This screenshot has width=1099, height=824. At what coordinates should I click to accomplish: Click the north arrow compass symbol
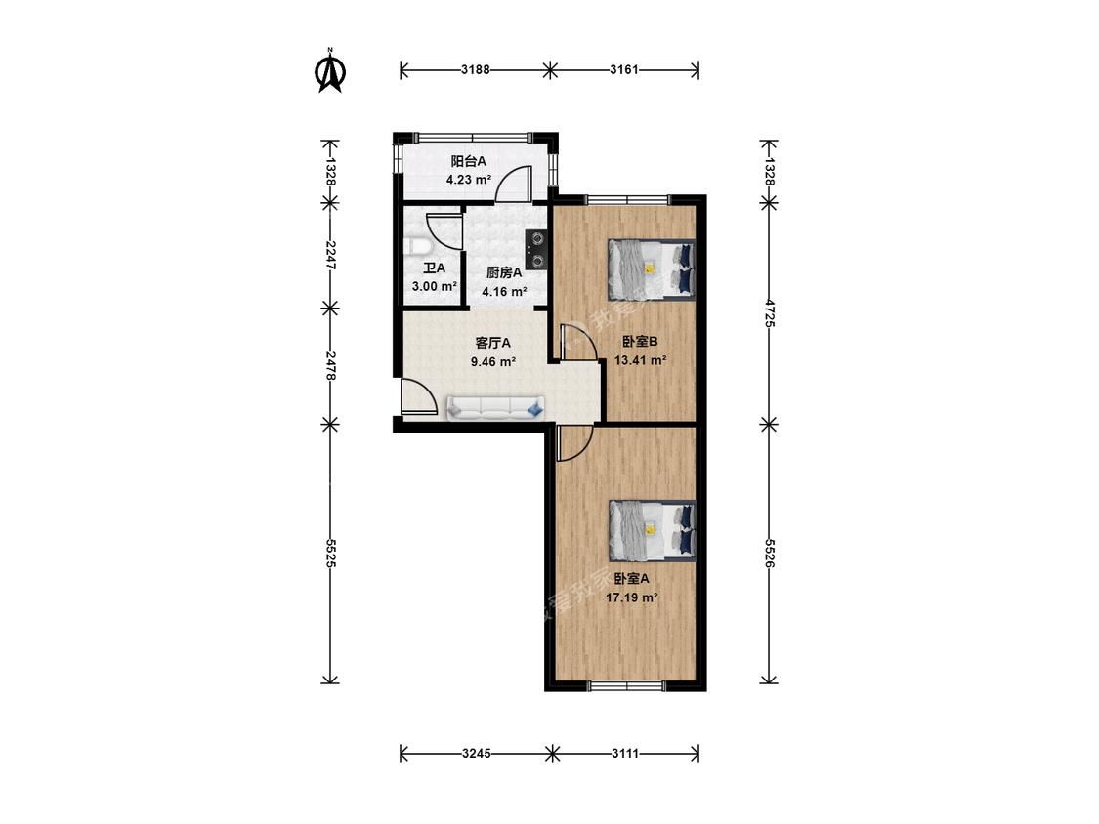pos(330,70)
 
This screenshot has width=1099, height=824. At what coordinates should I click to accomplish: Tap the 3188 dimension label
pos(475,69)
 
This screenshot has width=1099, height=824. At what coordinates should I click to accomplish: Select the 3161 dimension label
pos(624,69)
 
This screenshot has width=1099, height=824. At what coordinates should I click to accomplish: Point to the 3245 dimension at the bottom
pos(477,754)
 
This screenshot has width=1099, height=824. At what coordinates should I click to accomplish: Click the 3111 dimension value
pos(625,754)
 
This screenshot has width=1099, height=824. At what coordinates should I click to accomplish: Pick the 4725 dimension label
pos(769,313)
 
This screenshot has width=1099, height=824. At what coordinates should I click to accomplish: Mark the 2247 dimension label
pos(330,255)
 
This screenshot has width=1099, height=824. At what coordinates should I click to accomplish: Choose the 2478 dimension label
pos(330,366)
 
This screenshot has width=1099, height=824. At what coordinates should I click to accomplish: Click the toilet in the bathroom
pos(419,247)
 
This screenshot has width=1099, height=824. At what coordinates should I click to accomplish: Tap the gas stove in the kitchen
pos(536,250)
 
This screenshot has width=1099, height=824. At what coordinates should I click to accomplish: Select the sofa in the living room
pos(495,408)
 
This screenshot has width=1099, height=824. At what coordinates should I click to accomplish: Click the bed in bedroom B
pos(652,269)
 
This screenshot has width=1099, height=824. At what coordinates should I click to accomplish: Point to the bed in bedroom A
pos(652,530)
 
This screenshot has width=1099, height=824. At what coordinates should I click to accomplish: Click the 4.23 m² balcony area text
pos(469,180)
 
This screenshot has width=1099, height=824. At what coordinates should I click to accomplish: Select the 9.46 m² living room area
pos(493,362)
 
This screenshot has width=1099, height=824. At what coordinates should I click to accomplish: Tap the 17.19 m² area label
pos(631,597)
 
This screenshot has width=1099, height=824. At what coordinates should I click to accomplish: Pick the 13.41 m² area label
pos(640,361)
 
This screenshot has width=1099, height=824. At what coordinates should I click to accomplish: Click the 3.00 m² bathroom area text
pos(435,286)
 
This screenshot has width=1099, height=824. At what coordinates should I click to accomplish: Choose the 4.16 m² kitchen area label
pos(504,292)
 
